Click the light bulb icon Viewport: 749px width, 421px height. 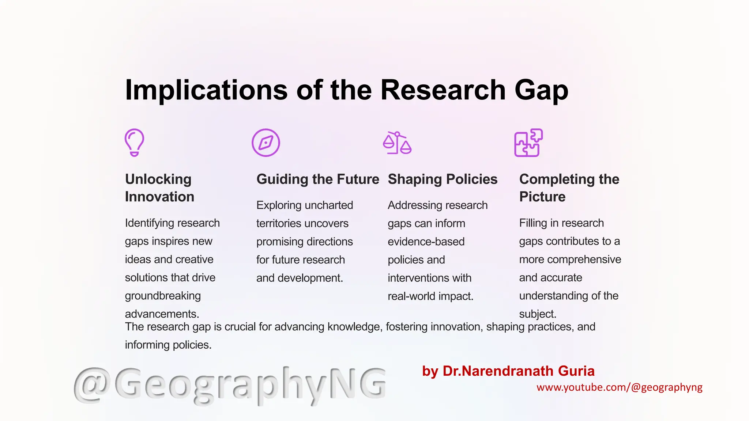[134, 143]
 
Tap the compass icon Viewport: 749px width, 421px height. [266, 143]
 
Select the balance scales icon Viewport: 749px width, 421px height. [397, 143]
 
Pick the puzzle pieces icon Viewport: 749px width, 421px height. [528, 143]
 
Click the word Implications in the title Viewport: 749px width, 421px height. [206, 90]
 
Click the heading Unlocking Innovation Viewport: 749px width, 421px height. [159, 188]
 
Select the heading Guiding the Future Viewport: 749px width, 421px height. [318, 179]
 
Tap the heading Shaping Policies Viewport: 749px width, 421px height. [443, 179]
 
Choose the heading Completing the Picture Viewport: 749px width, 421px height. [569, 188]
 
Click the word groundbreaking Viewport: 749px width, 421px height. [163, 296]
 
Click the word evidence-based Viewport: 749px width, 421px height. [426, 242]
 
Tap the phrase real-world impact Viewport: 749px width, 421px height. [430, 296]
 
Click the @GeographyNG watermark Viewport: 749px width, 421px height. [230, 384]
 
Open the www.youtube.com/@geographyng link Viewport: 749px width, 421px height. [619, 387]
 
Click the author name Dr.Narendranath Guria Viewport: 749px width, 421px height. [519, 371]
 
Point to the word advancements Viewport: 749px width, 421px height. [162, 314]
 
